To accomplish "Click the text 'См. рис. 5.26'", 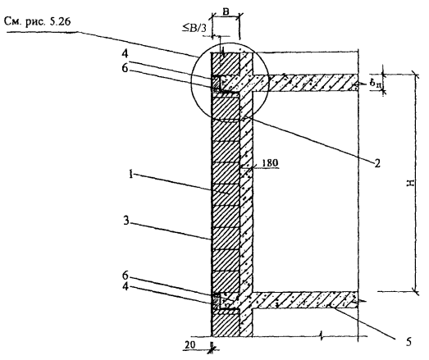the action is pos(38,21).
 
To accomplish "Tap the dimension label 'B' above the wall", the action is pos(226,11).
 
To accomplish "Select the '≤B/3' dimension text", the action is pos(194,28).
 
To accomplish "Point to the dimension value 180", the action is pos(270,162).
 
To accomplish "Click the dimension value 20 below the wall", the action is pos(189,345).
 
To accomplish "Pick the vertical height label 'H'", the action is pos(410,183).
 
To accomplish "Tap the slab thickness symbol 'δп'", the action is pos(376,84).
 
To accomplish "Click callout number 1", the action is pos(131,174).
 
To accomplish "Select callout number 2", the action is pos(377,163).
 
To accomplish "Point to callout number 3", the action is pos(126,221).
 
